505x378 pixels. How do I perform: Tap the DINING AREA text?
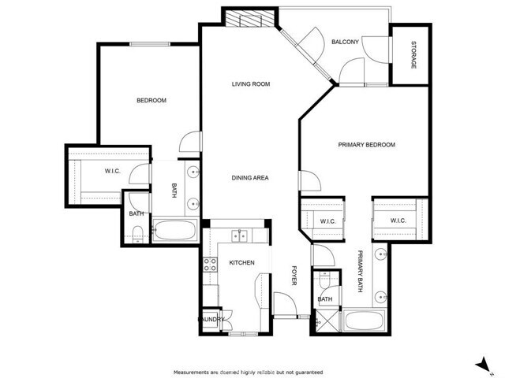click(x=250, y=178)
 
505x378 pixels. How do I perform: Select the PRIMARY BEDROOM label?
click(x=366, y=145)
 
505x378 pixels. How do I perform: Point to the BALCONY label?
click(x=346, y=42)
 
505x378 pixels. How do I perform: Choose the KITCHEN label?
click(x=241, y=262)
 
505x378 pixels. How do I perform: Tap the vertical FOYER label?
click(x=293, y=276)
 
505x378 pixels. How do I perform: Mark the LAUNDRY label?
click(x=211, y=319)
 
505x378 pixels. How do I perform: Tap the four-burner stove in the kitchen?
click(x=211, y=265)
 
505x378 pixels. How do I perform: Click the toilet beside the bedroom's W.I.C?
click(x=137, y=232)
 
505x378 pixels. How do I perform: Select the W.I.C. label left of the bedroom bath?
click(x=112, y=170)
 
